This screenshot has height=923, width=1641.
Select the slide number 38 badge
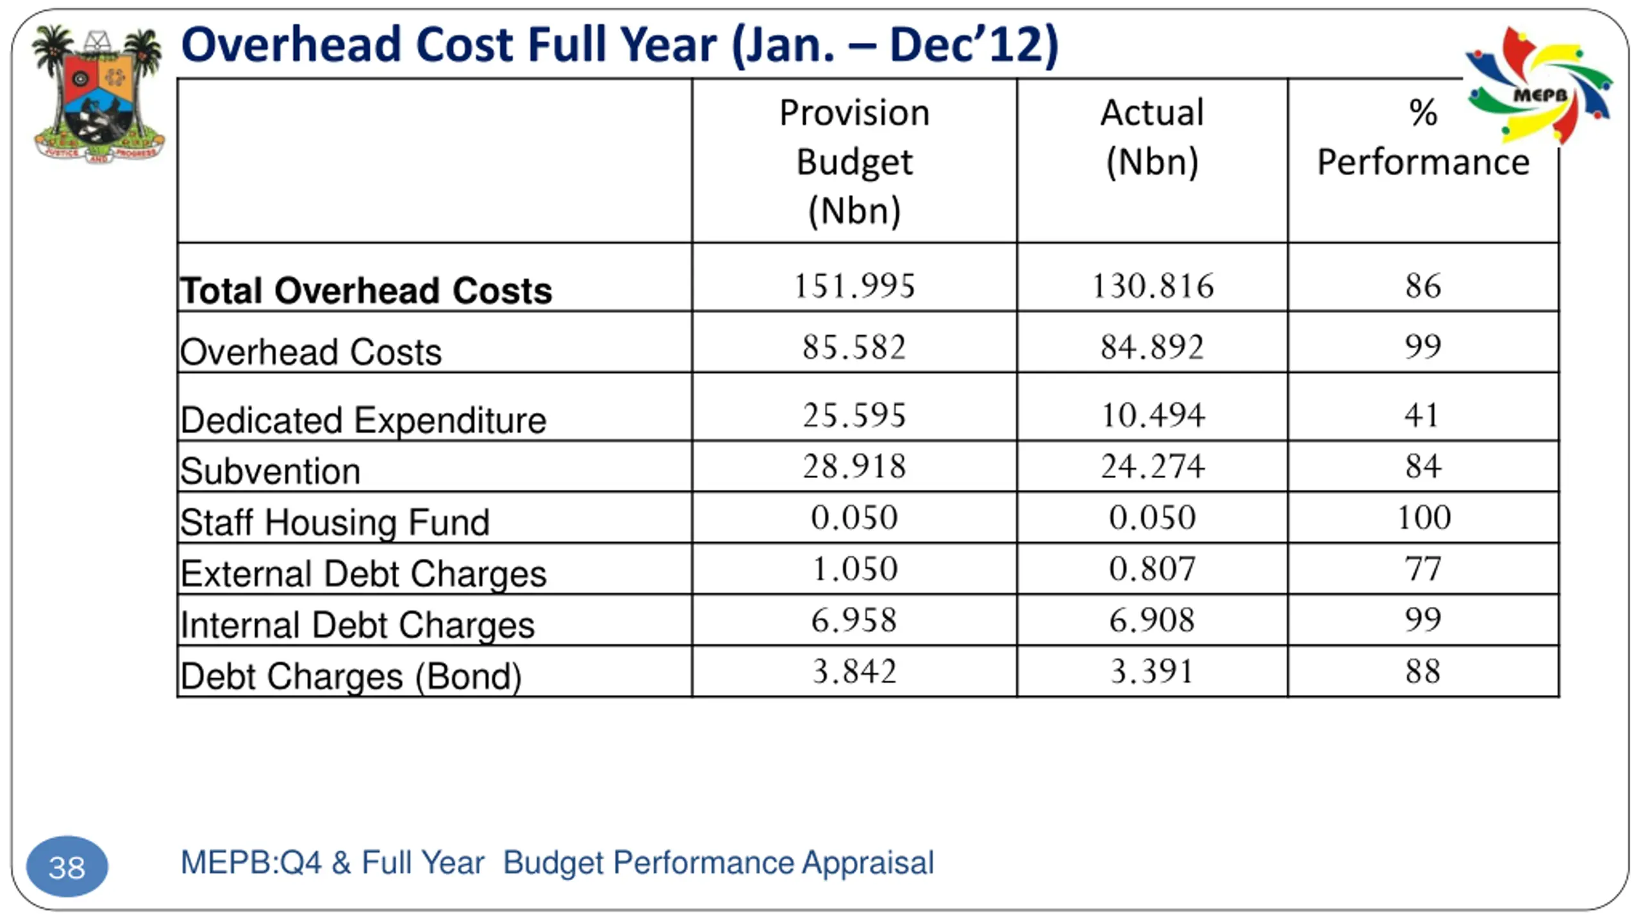67,867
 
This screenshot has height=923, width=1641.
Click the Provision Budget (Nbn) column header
854,161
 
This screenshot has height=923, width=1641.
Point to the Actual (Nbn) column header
1152,137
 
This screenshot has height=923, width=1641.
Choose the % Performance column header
1422,137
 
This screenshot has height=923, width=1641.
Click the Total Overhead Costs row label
366,290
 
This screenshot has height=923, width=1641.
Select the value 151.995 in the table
854,286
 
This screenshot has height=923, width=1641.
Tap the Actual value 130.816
1152,286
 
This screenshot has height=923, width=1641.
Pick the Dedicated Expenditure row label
363,420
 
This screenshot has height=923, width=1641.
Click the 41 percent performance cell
1422,415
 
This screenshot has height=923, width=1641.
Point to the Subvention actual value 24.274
1152,466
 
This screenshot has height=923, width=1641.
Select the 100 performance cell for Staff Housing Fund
1423,517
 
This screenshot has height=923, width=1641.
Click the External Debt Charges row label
363,573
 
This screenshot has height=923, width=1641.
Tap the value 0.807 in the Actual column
1152,569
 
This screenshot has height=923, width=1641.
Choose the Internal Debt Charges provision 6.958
854,620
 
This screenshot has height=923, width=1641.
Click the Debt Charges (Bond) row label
351,676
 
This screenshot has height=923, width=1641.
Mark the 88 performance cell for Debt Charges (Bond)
1422,672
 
